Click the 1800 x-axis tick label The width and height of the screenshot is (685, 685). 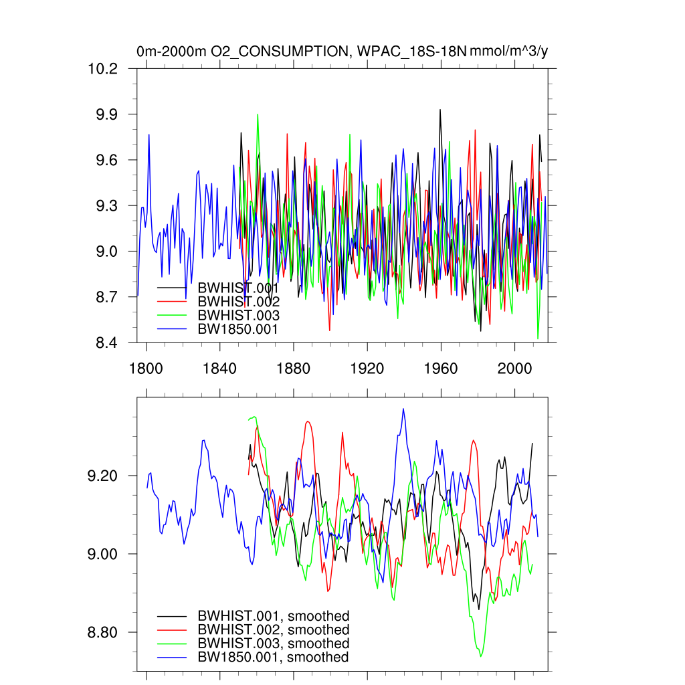(x=146, y=369)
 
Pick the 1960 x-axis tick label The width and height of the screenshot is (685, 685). (x=441, y=369)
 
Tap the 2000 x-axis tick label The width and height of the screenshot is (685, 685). (x=514, y=369)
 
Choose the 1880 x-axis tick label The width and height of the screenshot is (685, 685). (x=293, y=369)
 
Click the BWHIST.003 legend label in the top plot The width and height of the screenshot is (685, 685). (x=238, y=315)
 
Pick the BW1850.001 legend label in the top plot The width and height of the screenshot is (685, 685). (x=238, y=329)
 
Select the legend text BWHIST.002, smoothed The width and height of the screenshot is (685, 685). (x=274, y=630)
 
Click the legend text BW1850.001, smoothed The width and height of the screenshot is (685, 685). (x=274, y=658)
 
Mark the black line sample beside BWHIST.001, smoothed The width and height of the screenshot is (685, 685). (x=172, y=616)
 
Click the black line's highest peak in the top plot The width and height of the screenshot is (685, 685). (x=440, y=110)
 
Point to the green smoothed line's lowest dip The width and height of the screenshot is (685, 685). (x=480, y=656)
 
